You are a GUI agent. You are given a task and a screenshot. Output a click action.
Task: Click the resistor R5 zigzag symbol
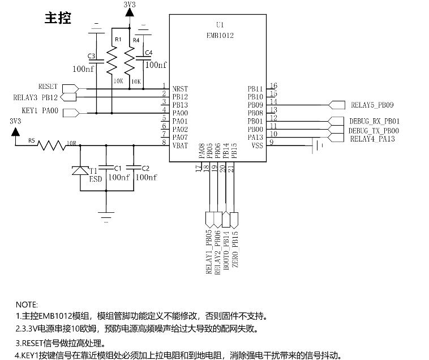[x=52, y=145]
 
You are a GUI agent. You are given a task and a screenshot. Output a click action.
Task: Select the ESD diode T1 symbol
[x=80, y=170]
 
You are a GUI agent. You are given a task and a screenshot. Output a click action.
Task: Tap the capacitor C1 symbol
[x=106, y=168]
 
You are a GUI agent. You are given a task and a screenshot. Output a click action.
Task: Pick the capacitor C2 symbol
[x=134, y=168]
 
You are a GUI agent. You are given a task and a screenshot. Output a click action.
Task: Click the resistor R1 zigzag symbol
[x=111, y=60]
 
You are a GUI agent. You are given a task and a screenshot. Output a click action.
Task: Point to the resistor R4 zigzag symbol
[x=130, y=60]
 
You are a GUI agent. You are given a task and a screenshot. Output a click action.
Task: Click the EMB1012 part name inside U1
[x=220, y=35]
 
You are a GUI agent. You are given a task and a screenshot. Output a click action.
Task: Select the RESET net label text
[x=48, y=87]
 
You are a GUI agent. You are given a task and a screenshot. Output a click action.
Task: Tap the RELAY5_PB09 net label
[x=372, y=105]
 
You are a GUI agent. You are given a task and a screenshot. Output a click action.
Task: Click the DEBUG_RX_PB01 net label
[x=374, y=121]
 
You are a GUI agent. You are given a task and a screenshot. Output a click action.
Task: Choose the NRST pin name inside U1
[x=180, y=89]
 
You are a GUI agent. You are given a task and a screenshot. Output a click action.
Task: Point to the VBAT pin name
[x=180, y=145]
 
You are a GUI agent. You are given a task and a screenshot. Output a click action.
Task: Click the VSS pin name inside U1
[x=257, y=145]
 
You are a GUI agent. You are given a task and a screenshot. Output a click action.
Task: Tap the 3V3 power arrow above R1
[x=130, y=12]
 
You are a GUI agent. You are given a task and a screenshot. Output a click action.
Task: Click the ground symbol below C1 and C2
[x=106, y=217]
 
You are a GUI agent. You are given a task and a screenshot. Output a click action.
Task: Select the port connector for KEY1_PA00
[x=71, y=113]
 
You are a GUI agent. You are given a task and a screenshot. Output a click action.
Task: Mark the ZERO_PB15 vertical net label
[x=235, y=249]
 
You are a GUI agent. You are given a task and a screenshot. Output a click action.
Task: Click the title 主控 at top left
[x=58, y=18]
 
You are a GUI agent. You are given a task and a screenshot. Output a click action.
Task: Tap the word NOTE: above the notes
[x=27, y=305]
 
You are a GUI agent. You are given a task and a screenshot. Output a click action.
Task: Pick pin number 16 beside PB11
[x=273, y=85]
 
